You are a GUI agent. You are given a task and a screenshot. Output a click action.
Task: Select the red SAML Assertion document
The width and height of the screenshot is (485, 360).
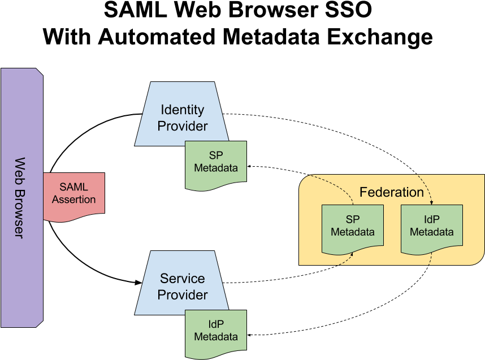click(x=73, y=194)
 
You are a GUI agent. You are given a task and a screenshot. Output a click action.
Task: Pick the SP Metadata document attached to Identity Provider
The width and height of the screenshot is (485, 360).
click(x=216, y=162)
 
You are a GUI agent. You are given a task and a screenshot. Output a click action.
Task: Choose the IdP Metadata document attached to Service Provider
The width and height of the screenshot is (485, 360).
click(x=216, y=331)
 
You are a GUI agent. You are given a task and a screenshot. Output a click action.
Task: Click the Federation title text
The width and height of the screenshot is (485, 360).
click(x=391, y=192)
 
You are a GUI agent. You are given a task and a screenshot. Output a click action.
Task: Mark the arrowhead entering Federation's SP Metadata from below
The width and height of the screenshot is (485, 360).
click(x=352, y=254)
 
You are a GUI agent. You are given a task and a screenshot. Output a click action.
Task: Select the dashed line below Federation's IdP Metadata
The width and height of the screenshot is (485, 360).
click(x=431, y=258)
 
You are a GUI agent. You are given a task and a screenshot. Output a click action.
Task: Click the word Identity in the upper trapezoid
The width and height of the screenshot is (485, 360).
click(x=182, y=110)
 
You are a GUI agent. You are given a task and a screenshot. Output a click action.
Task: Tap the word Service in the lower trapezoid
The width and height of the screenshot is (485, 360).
click(x=182, y=279)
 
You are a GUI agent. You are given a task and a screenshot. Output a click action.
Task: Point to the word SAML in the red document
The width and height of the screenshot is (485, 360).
click(x=73, y=188)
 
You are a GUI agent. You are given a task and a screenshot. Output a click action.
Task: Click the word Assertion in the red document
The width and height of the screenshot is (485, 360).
click(x=73, y=199)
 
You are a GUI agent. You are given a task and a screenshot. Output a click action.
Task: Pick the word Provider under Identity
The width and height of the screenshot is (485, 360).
click(x=182, y=126)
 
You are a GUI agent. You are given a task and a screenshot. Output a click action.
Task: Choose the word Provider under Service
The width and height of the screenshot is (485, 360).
click(x=182, y=295)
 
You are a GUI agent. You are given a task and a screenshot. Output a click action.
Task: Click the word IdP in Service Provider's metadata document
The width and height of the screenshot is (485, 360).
click(x=216, y=325)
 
